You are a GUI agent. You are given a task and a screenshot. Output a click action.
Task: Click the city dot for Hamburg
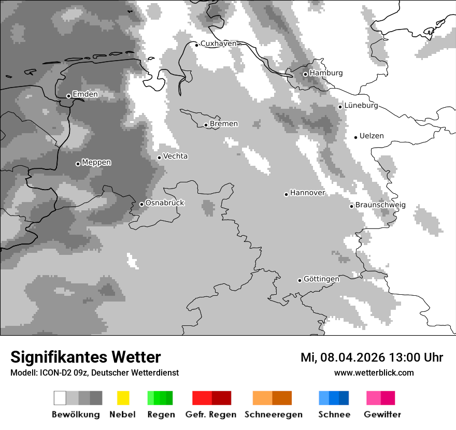click(x=305, y=74)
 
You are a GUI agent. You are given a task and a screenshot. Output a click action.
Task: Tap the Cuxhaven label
click(x=218, y=44)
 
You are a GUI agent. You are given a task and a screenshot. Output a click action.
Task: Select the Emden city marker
click(x=68, y=96)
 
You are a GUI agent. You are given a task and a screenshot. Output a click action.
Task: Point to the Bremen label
click(x=224, y=124)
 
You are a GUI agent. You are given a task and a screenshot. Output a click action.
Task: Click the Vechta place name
click(x=175, y=156)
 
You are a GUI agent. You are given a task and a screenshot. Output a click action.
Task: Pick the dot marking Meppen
click(x=78, y=164)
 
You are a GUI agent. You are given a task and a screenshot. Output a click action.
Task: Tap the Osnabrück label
click(x=165, y=203)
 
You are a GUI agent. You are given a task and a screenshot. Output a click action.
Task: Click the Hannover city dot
click(x=286, y=194)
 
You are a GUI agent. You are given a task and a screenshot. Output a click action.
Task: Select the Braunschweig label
click(x=380, y=205)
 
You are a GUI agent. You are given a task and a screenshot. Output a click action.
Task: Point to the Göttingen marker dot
click(x=300, y=280)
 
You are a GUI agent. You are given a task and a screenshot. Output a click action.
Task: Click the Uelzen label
click(x=372, y=136)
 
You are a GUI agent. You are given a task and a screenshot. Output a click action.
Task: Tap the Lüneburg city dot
click(x=340, y=107)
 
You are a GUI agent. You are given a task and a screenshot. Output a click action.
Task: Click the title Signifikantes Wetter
click(x=85, y=357)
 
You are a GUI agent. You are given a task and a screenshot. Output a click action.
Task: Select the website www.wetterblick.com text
click(x=374, y=372)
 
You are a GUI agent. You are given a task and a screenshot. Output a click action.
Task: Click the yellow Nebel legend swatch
click(x=123, y=398)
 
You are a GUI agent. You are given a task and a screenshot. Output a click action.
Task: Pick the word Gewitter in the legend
click(x=382, y=414)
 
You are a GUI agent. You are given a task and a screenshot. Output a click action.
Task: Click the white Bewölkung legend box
click(x=60, y=398)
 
